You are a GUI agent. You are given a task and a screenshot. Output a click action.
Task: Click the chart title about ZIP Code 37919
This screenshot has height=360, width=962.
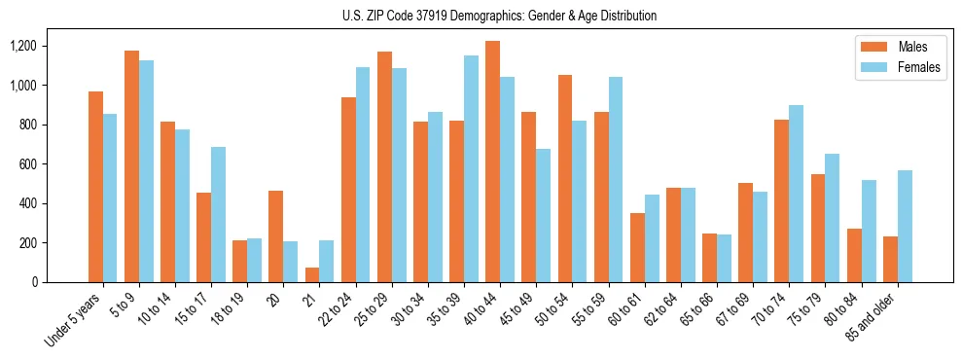(500, 16)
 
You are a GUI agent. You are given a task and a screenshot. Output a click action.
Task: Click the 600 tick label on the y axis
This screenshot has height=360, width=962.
(28, 164)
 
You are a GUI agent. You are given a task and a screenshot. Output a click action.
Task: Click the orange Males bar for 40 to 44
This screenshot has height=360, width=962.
(492, 162)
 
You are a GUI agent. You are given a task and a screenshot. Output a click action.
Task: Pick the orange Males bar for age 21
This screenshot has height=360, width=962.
(312, 274)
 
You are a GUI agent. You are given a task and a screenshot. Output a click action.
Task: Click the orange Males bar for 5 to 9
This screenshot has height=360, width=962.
(132, 166)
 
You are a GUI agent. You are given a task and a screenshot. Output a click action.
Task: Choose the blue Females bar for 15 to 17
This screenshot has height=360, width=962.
(219, 214)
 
